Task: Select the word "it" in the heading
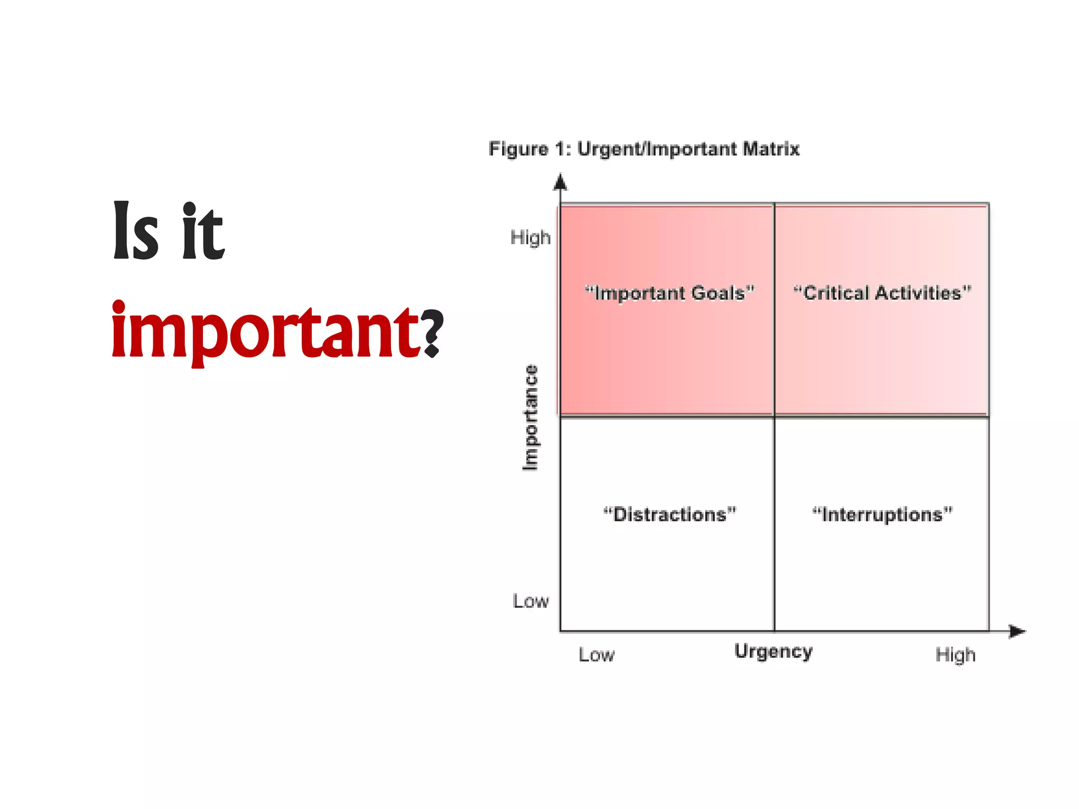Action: click(203, 232)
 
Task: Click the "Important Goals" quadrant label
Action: click(670, 293)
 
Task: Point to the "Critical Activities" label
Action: click(882, 293)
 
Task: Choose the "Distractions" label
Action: click(670, 514)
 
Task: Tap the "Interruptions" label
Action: click(882, 514)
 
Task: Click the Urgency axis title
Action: click(773, 652)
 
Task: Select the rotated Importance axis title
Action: click(531, 417)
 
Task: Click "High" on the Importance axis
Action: click(531, 238)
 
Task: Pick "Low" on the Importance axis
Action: click(531, 601)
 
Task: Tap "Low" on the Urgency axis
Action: click(596, 655)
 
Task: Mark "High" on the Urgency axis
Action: click(955, 655)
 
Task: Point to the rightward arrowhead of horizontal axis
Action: click(1017, 631)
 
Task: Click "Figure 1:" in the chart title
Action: click(529, 149)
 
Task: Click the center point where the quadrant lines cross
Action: click(774, 417)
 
